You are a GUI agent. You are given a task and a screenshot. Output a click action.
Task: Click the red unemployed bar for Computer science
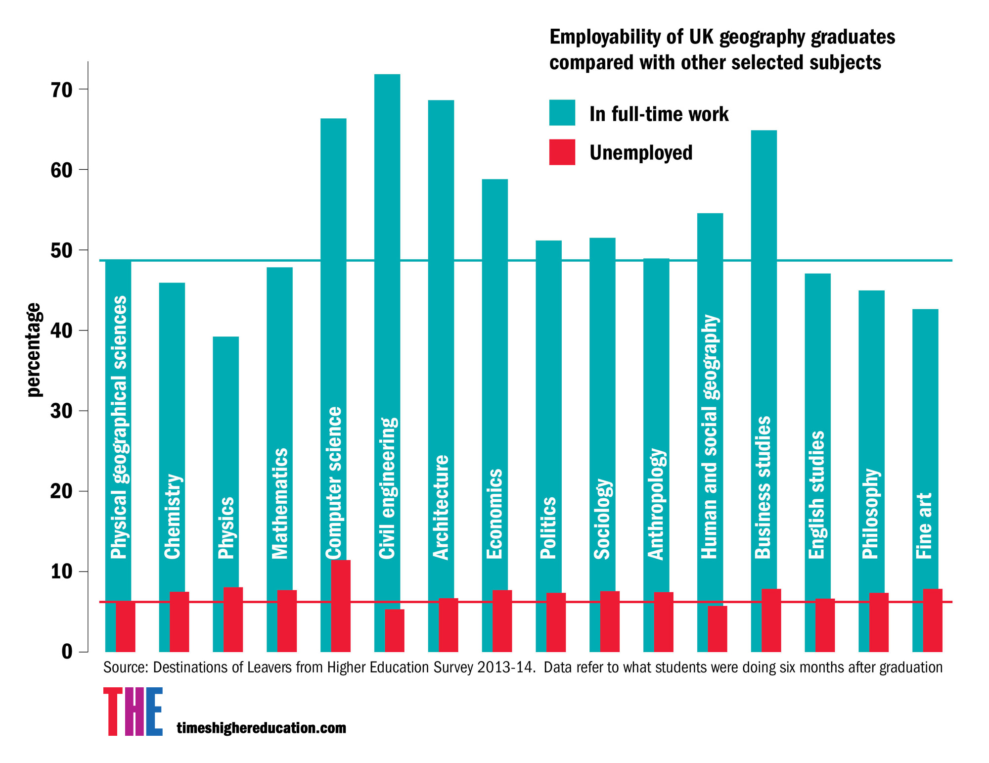point(341,606)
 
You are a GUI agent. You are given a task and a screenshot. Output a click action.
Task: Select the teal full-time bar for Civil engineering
point(387,247)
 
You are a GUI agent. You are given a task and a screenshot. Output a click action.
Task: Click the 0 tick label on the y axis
point(67,652)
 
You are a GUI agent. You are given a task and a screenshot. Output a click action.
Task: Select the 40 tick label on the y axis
point(61,331)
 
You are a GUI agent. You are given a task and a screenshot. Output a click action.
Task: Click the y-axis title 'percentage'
point(34,349)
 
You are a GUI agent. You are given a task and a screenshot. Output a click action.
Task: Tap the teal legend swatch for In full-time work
point(562,113)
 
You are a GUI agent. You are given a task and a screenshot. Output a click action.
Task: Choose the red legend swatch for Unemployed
point(562,152)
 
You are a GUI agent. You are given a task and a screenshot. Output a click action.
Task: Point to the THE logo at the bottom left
point(133,711)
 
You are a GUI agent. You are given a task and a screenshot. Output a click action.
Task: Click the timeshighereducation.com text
point(261,728)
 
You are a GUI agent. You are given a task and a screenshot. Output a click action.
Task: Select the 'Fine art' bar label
point(924,525)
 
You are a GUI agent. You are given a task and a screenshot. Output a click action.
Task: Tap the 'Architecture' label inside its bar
point(441,507)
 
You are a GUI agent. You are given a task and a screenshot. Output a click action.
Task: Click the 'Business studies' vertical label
point(763,487)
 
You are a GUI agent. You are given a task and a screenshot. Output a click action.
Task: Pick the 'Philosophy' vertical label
point(870,514)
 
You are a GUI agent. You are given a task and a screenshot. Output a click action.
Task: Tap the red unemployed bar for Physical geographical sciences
point(126,626)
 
